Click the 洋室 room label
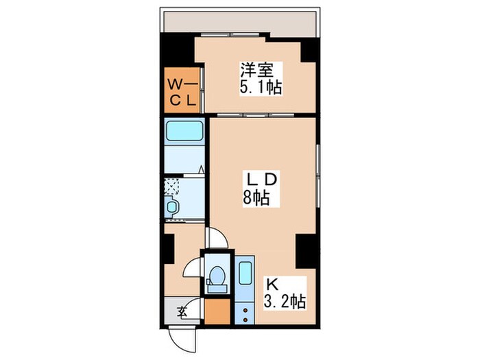point(256,70)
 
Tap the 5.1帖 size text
point(261,87)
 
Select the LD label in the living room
point(262,180)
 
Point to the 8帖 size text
point(256,197)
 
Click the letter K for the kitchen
point(272,285)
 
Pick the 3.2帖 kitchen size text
point(285,302)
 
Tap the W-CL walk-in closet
point(182,91)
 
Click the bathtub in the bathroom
point(184,131)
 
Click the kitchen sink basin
point(245,272)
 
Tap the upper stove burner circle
point(245,311)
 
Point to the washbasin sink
point(171,207)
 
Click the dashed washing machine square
point(171,186)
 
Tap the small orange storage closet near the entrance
point(217,311)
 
